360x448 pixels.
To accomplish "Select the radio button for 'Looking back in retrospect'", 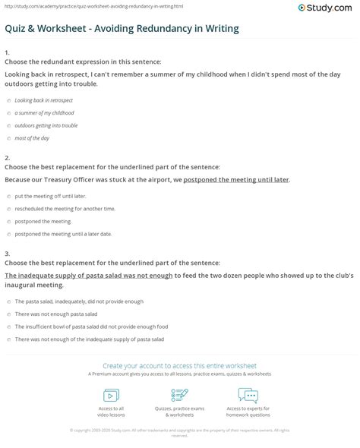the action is click(8, 100).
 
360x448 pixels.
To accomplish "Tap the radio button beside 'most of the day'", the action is click(8, 138).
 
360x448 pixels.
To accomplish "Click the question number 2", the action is click(7, 158).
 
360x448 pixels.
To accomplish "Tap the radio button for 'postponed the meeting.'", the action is click(8, 221).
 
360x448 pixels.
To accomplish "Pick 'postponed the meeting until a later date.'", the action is click(8, 234).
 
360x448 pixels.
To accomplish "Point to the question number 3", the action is click(7, 254).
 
